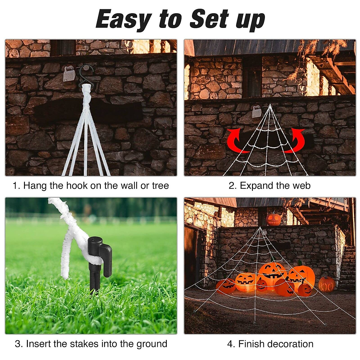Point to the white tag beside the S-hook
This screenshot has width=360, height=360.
(69, 74)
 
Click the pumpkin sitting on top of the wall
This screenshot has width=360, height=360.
(273, 219)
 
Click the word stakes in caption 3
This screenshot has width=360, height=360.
(86, 344)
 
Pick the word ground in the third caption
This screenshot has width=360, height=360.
(151, 344)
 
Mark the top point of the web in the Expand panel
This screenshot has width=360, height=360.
(270, 105)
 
